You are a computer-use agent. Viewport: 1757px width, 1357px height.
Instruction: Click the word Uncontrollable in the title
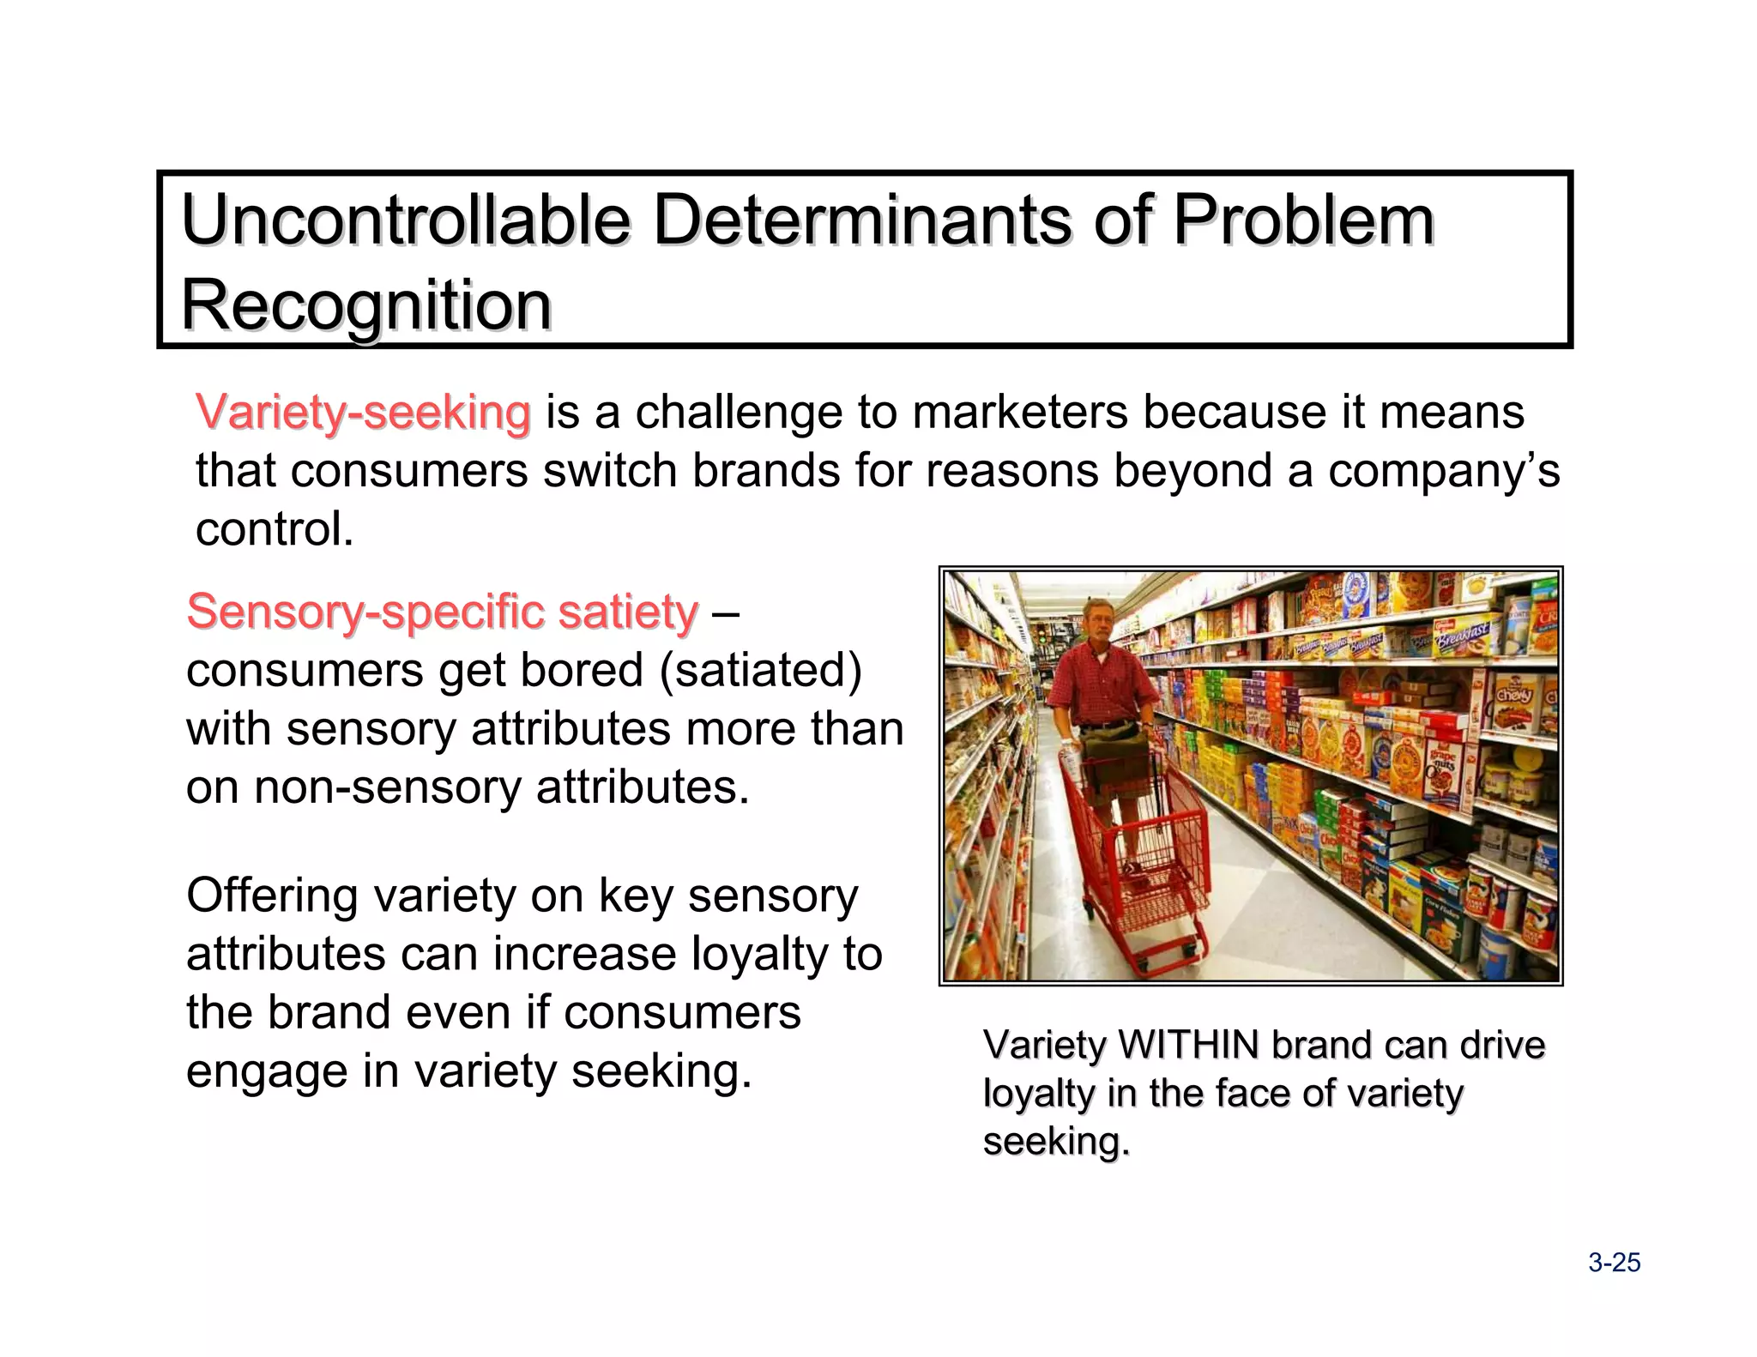(405, 221)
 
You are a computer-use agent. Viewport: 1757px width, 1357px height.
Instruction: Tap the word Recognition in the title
(366, 305)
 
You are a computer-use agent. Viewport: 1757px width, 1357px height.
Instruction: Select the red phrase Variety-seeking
(363, 413)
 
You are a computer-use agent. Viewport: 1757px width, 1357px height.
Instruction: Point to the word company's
(1443, 471)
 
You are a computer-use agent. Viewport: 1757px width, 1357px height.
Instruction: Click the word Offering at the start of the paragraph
(272, 896)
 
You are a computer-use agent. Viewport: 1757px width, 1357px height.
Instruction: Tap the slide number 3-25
(1614, 1263)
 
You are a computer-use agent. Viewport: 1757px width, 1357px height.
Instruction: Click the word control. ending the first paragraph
(275, 529)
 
